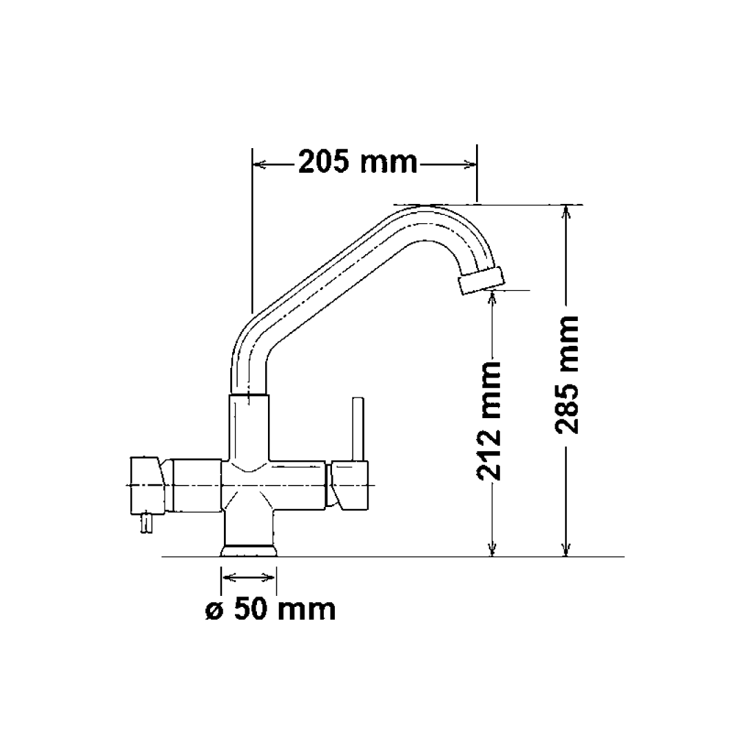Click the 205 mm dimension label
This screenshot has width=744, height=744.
(x=358, y=163)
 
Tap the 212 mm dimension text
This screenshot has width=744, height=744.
(x=489, y=421)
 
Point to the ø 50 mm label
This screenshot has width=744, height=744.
(x=271, y=609)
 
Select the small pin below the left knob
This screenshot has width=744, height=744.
(x=145, y=525)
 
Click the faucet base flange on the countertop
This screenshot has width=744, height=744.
(x=249, y=550)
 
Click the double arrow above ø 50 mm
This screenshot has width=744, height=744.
(x=249, y=577)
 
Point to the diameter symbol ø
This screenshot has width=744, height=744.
(x=214, y=610)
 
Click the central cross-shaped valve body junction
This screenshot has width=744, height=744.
(x=249, y=485)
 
